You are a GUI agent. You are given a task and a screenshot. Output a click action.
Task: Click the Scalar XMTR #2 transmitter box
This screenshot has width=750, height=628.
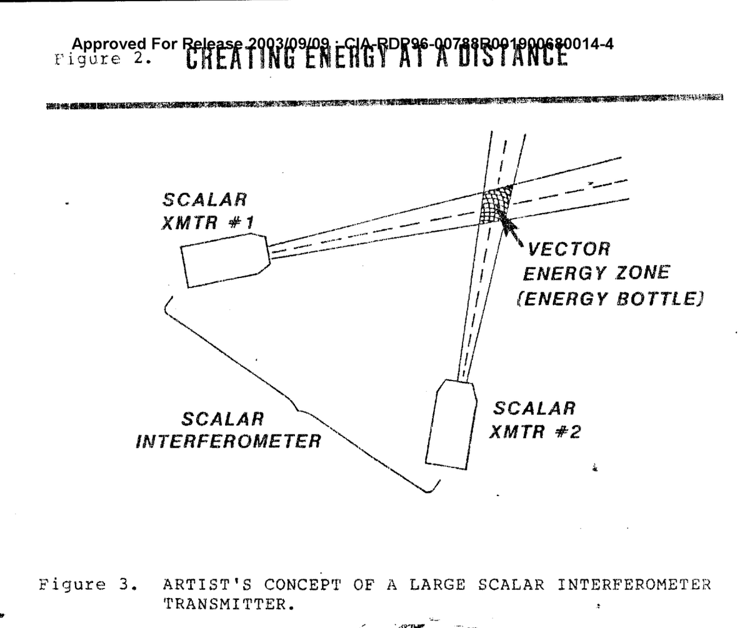coord(451,425)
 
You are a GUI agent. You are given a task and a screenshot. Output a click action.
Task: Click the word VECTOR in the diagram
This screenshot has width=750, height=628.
coord(568,249)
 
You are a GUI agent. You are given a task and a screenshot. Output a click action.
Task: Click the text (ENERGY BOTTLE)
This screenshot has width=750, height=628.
coord(612,299)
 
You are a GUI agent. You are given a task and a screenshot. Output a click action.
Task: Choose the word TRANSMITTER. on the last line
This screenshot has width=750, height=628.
coord(227,605)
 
